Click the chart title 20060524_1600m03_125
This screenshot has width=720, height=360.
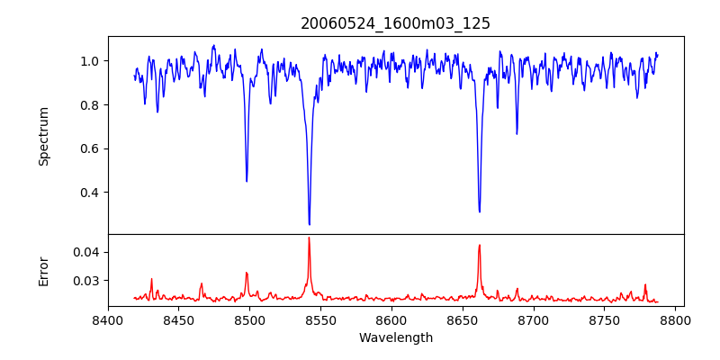[395, 23]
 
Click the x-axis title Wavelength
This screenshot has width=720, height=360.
[395, 338]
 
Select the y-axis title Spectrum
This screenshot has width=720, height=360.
[43, 136]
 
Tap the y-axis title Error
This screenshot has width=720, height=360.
[43, 270]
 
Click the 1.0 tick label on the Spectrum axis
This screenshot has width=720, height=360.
[89, 61]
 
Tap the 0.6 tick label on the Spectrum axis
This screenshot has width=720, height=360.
[89, 148]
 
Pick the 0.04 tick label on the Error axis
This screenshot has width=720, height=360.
[85, 252]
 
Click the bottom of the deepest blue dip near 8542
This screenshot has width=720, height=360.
[309, 224]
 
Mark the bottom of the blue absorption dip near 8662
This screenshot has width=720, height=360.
[479, 211]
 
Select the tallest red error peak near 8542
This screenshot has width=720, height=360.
[309, 238]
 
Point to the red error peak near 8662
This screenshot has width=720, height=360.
[479, 245]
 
